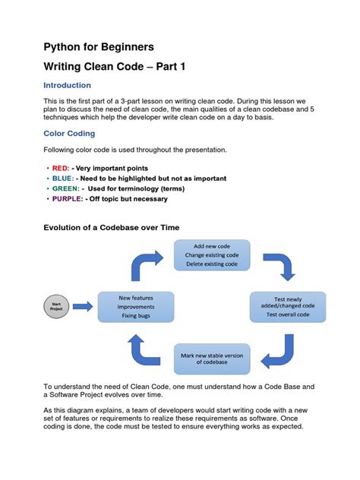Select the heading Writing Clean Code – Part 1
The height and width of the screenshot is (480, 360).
[x=113, y=67]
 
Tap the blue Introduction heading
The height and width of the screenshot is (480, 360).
[x=67, y=86]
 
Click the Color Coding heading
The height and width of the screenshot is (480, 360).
[x=68, y=134]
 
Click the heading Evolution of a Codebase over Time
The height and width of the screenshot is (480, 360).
[x=110, y=228]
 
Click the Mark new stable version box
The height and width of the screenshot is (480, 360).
[x=211, y=358]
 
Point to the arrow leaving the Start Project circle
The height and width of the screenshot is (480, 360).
[x=84, y=306]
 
